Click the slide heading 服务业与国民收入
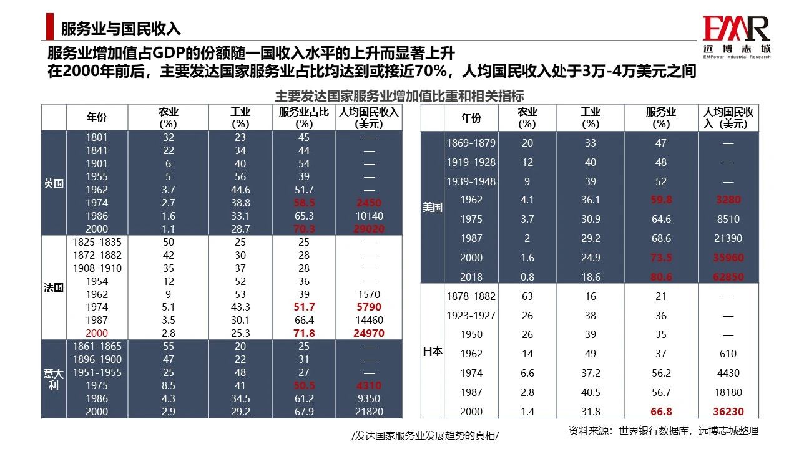pyautogui.click(x=120, y=28)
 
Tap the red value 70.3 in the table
pyautogui.click(x=304, y=229)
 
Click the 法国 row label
pyautogui.click(x=54, y=287)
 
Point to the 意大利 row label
pyautogui.click(x=54, y=379)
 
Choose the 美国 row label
pyautogui.click(x=433, y=207)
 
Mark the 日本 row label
pyautogui.click(x=433, y=351)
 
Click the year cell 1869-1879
pyautogui.click(x=471, y=143)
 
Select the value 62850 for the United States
pyautogui.click(x=728, y=276)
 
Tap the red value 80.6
pyautogui.click(x=661, y=276)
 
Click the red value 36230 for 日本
pyautogui.click(x=728, y=412)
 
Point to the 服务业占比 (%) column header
pyautogui.click(x=304, y=117)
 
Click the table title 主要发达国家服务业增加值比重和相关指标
pyautogui.click(x=399, y=96)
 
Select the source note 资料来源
pyautogui.click(x=663, y=431)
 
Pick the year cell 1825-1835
pyautogui.click(x=97, y=241)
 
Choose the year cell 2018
pyautogui.click(x=471, y=276)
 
